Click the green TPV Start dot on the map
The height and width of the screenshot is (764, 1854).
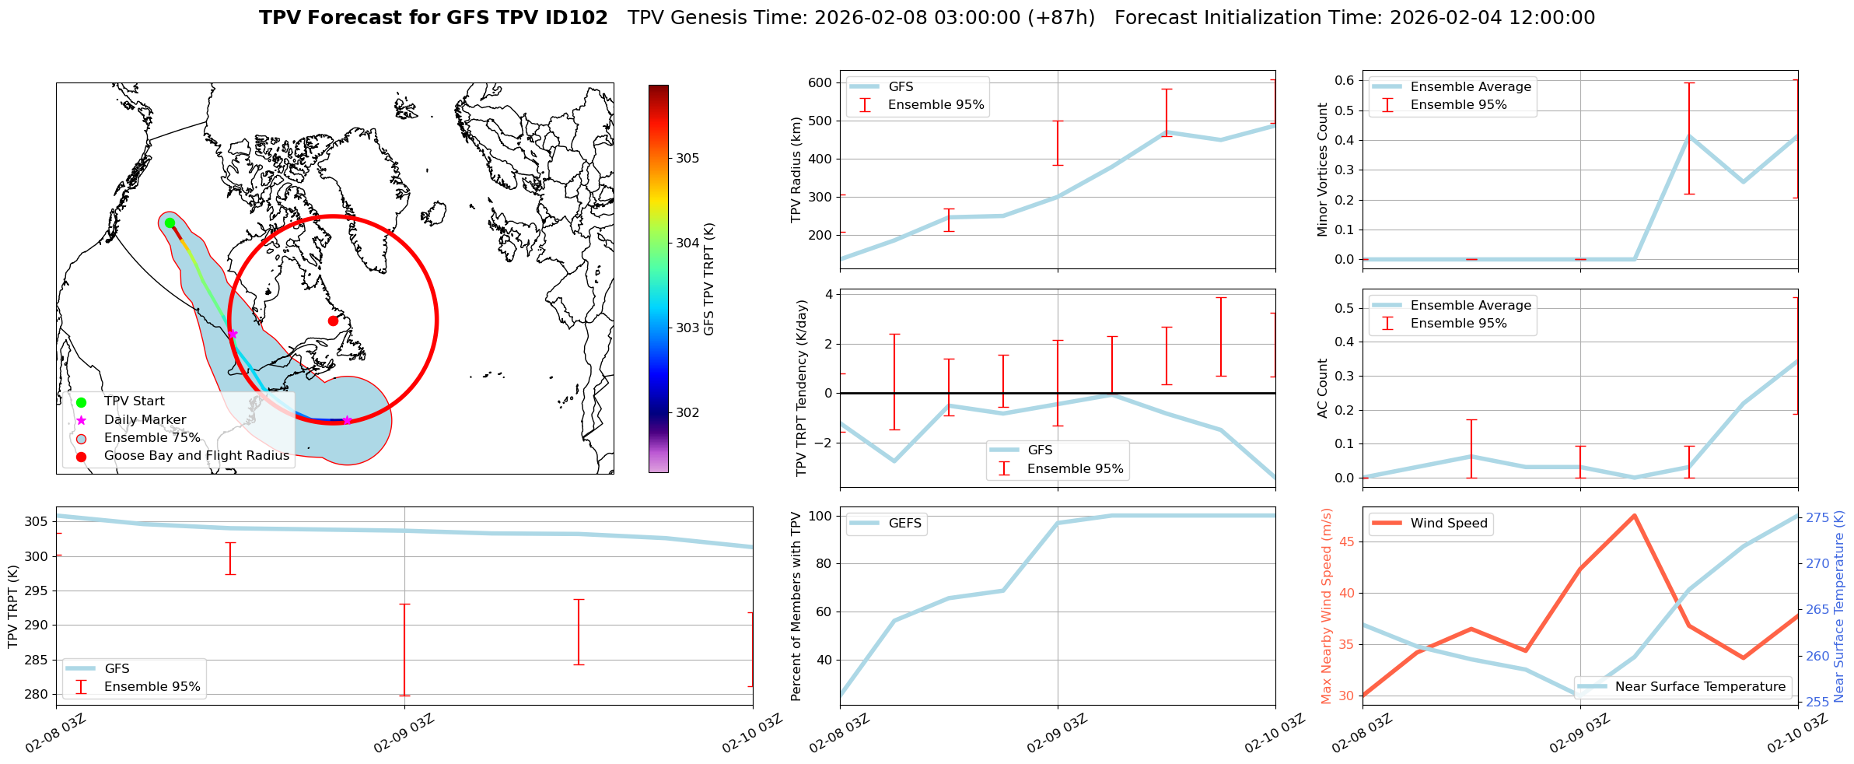point(170,223)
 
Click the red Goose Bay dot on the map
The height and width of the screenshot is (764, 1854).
point(333,321)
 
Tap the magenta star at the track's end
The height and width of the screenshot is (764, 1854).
point(347,420)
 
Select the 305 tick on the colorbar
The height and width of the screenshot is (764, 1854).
point(687,158)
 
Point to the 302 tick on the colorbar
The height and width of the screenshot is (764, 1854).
point(687,412)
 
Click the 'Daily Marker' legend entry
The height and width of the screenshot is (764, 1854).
point(145,419)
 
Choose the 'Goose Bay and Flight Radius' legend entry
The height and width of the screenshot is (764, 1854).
point(196,455)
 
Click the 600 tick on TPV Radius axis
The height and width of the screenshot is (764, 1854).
point(820,82)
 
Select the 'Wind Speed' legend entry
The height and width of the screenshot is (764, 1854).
point(1448,523)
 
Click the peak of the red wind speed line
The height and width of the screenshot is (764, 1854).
point(1635,515)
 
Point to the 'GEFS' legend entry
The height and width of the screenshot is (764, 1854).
point(904,523)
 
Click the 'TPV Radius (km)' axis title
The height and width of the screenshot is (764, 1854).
point(796,170)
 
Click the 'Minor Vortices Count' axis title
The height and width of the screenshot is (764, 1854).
point(1322,170)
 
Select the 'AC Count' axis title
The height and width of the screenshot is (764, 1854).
point(1322,388)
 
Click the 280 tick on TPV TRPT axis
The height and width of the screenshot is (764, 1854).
point(39,694)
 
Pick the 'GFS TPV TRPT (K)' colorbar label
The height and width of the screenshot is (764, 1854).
point(708,279)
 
